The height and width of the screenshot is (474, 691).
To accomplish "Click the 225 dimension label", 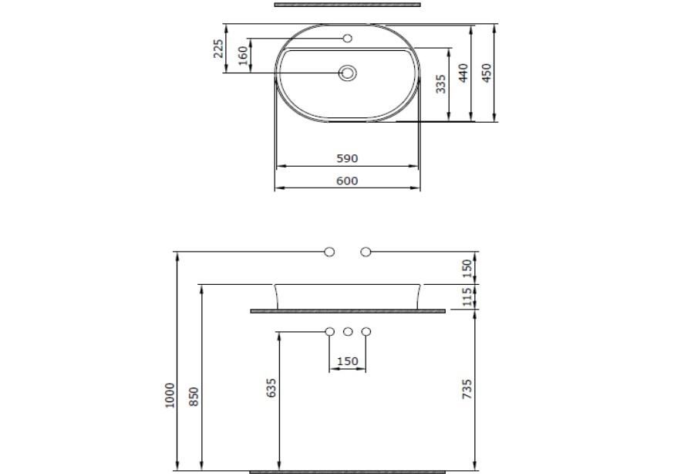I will [x=218, y=49].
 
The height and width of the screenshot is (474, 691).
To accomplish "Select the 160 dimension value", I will [x=243, y=56].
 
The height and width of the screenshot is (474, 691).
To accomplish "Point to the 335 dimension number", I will [x=440, y=83].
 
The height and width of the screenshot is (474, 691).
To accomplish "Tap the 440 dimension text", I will [x=463, y=73].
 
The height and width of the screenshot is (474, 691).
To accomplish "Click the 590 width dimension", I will [x=347, y=158].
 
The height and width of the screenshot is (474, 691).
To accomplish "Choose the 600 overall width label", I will [x=347, y=181].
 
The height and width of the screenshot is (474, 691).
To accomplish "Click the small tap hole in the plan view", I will [x=347, y=38].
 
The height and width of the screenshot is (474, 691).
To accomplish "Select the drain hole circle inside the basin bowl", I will [x=348, y=73].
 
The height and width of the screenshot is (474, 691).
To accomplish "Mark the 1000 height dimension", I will [x=170, y=395].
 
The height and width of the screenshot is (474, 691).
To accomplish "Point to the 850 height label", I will [x=195, y=397].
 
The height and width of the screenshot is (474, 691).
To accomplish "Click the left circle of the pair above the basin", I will [x=329, y=252].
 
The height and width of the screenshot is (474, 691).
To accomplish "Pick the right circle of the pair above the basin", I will [x=366, y=252].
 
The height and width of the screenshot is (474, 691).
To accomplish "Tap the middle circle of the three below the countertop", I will [x=348, y=332].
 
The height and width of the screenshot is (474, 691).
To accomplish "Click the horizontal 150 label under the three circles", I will [x=348, y=361].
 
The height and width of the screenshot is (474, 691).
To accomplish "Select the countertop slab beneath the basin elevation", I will [x=348, y=311].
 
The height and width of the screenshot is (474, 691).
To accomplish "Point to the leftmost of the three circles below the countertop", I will [x=329, y=332].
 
